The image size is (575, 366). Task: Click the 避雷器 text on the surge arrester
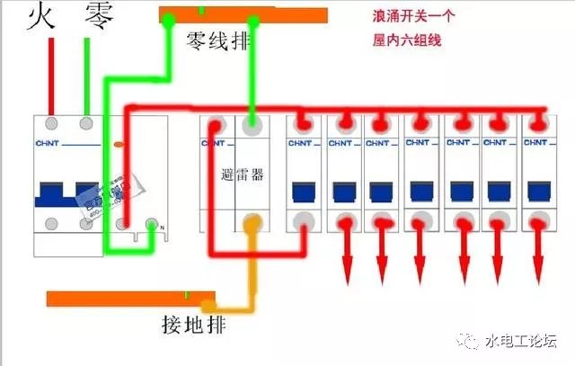(x=243, y=174)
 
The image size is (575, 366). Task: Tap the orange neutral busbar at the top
(x=243, y=14)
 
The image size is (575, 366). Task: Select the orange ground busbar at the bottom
(x=130, y=299)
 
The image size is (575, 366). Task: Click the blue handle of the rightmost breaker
(x=539, y=191)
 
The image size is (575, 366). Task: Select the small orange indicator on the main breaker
(x=119, y=142)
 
